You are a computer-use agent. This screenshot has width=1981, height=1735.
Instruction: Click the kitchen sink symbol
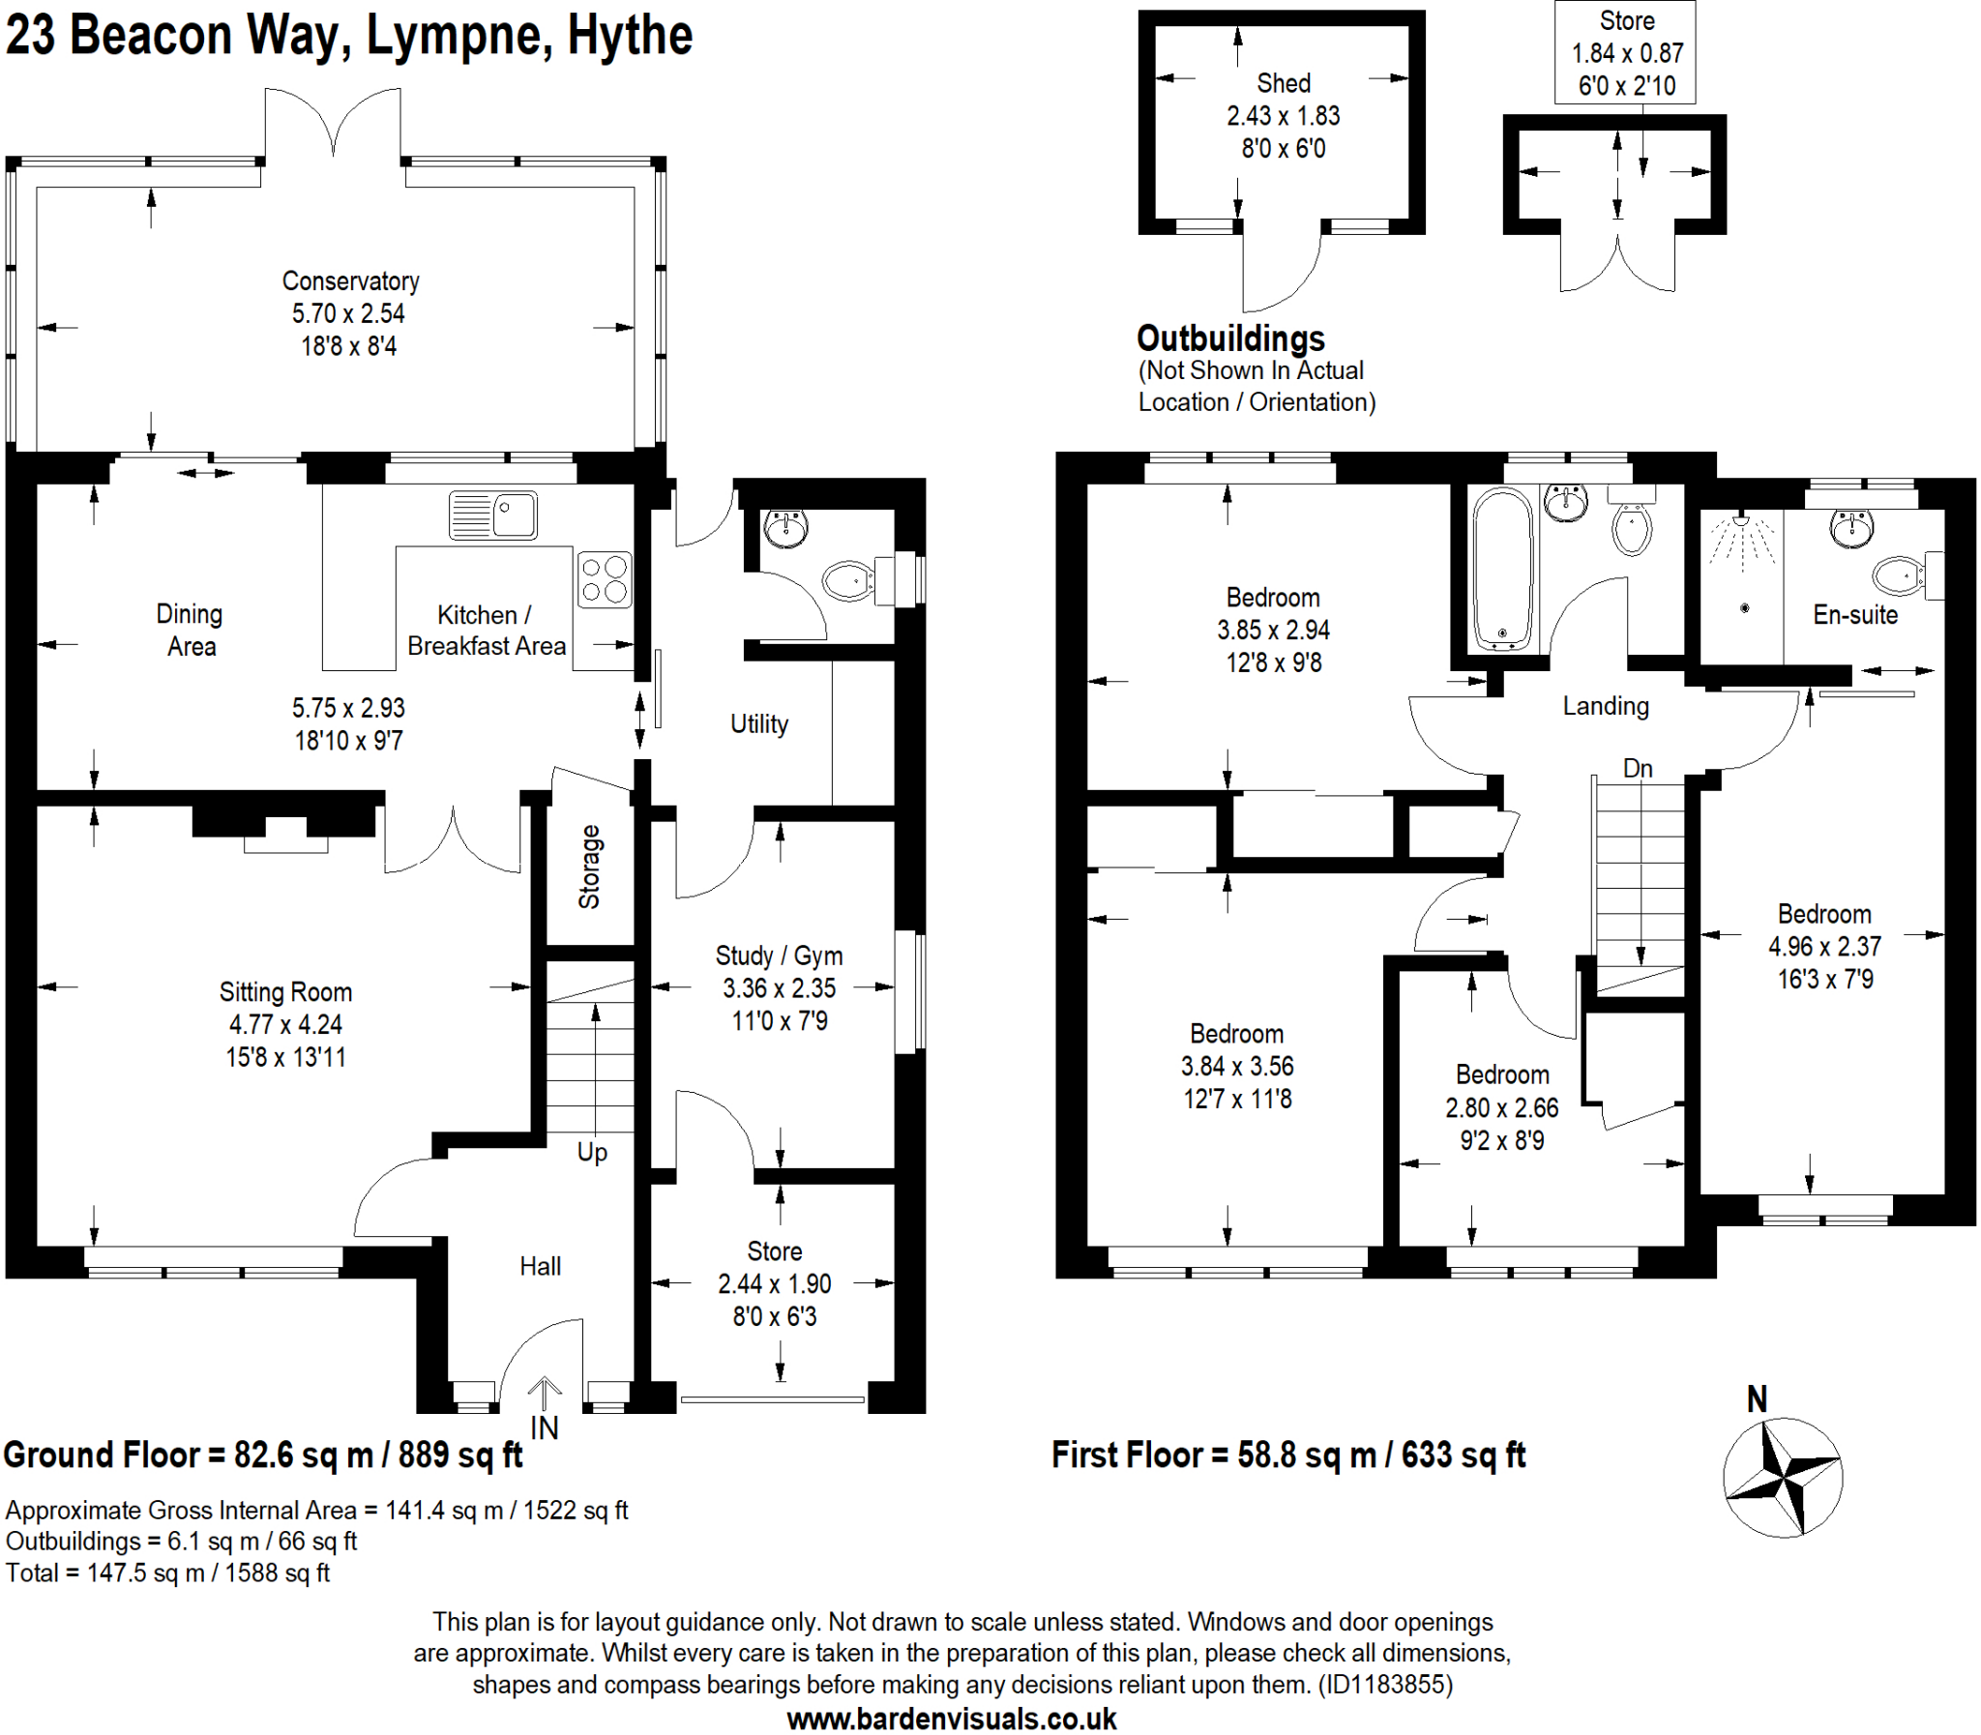(x=492, y=515)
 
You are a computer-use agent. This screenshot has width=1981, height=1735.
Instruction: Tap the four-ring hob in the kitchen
(x=605, y=579)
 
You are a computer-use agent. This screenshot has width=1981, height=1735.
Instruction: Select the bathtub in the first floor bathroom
(x=1501, y=570)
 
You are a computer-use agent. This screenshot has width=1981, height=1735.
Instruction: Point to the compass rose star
(x=1783, y=1479)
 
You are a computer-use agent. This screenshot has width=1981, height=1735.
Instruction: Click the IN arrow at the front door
(x=545, y=1396)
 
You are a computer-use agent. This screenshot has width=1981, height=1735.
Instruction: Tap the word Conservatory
(x=350, y=280)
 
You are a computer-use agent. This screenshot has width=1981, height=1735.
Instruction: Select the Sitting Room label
(x=285, y=991)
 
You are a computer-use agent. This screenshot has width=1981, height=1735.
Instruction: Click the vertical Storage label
(x=590, y=867)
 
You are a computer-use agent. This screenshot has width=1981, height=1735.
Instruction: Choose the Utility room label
(x=758, y=724)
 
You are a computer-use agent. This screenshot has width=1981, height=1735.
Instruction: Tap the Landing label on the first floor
(x=1606, y=706)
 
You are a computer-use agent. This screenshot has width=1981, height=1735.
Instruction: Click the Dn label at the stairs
(x=1638, y=768)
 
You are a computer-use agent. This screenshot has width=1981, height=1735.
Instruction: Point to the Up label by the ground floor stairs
(x=592, y=1152)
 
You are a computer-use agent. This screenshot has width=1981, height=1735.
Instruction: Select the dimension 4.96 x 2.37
(x=1824, y=946)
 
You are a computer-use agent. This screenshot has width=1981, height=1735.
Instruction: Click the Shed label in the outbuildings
(x=1283, y=83)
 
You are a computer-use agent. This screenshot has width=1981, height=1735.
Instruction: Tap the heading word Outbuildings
(x=1229, y=338)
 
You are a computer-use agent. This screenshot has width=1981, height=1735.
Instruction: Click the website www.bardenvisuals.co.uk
(x=951, y=1720)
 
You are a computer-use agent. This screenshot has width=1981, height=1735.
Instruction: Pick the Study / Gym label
(x=779, y=956)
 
